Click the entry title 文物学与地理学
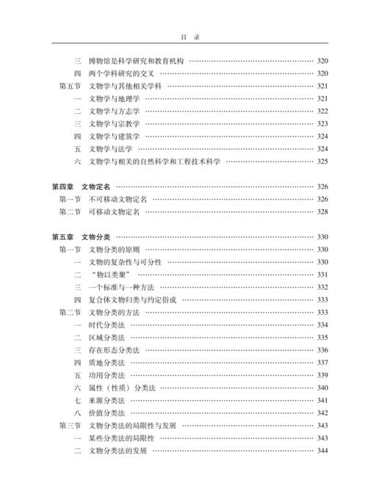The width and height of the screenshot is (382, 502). point(113,98)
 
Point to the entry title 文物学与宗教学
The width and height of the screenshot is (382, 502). point(113,123)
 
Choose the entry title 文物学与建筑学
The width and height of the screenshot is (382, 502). point(113,136)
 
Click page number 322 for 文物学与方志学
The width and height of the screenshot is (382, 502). point(322,111)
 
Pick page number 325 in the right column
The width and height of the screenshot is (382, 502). point(322,161)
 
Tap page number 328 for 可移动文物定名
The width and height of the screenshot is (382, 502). point(322,211)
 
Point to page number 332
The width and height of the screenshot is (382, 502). point(322,287)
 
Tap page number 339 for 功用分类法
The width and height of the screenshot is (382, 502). point(322,375)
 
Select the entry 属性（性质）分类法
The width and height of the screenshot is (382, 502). point(121,388)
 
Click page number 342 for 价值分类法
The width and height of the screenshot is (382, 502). point(322,412)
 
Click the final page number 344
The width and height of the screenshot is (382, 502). point(322,450)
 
